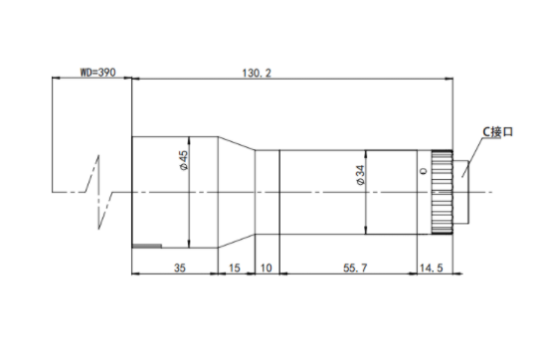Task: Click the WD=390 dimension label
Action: click(97, 73)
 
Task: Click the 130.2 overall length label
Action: click(257, 73)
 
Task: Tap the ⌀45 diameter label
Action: click(184, 160)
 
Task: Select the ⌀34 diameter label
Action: click(360, 175)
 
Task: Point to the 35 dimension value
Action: click(180, 268)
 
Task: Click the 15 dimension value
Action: click(235, 268)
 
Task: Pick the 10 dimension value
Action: click(267, 268)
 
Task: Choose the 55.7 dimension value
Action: click(355, 268)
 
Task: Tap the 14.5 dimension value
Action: click(432, 268)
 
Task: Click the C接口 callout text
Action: click(497, 132)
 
